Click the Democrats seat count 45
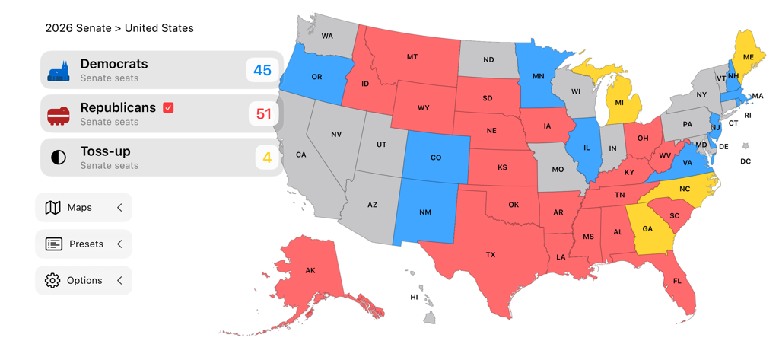coord(262,70)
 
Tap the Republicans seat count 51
coord(263,114)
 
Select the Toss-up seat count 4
coord(267,158)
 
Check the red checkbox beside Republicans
coord(168,107)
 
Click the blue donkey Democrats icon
coord(59,71)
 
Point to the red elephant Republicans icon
coord(59,115)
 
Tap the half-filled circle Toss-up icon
coord(59,158)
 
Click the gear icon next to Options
coord(52,280)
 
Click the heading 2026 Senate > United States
coord(119,28)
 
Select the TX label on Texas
coord(491,255)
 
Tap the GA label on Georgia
coord(647,229)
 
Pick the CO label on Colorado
coord(436,158)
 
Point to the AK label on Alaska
coord(310,271)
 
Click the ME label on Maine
coord(748,57)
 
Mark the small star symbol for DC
coord(746,145)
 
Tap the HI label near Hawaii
coord(415,297)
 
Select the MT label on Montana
coord(412,57)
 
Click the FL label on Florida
coord(677,281)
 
